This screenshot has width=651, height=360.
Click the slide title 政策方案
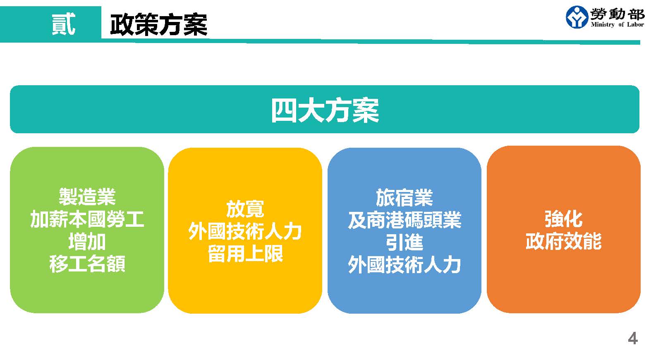[159, 25]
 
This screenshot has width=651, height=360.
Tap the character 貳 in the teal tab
[63, 24]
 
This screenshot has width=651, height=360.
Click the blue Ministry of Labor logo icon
[577, 17]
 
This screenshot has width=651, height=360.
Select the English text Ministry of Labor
[617, 25]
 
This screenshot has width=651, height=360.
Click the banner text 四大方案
[325, 110]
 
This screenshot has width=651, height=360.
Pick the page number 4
[633, 338]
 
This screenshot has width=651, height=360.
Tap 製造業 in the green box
[87, 197]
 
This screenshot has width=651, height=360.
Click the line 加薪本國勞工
[87, 219]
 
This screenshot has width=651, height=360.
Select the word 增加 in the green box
[87, 241]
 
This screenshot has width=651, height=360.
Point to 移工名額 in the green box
[87, 264]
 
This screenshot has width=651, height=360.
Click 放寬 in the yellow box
[245, 209]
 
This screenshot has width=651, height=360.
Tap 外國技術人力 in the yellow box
[245, 231]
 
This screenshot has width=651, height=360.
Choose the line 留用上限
[245, 254]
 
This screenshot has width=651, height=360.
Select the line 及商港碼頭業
[404, 220]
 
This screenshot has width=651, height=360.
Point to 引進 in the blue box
[404, 242]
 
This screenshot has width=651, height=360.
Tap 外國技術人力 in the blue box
[404, 265]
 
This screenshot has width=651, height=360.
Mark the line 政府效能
[563, 241]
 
